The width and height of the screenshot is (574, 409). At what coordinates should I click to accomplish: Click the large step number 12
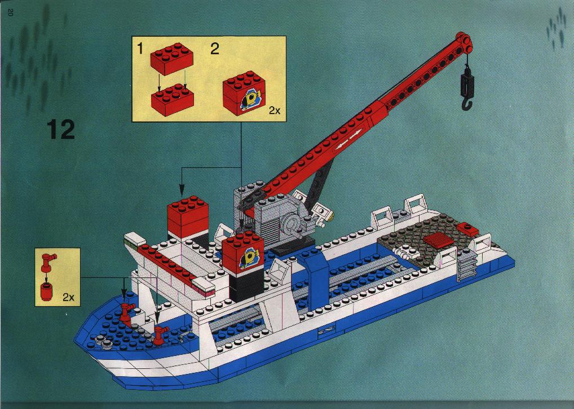point(60,129)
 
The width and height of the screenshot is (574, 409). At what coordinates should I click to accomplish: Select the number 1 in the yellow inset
point(140,49)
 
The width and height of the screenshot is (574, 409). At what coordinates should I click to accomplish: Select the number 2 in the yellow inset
point(214,49)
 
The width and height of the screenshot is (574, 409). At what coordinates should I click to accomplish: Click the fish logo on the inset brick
point(249,99)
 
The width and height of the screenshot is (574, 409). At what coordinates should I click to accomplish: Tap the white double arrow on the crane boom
point(347,141)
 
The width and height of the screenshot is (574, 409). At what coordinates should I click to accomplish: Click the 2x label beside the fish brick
point(275,110)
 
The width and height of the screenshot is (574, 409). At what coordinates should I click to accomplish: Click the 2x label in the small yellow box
point(68,297)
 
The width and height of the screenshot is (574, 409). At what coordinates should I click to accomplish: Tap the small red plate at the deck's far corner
point(467,228)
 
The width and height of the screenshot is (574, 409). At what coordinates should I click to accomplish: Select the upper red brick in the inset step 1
point(171,59)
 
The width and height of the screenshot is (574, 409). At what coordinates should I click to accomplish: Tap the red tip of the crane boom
point(463,41)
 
